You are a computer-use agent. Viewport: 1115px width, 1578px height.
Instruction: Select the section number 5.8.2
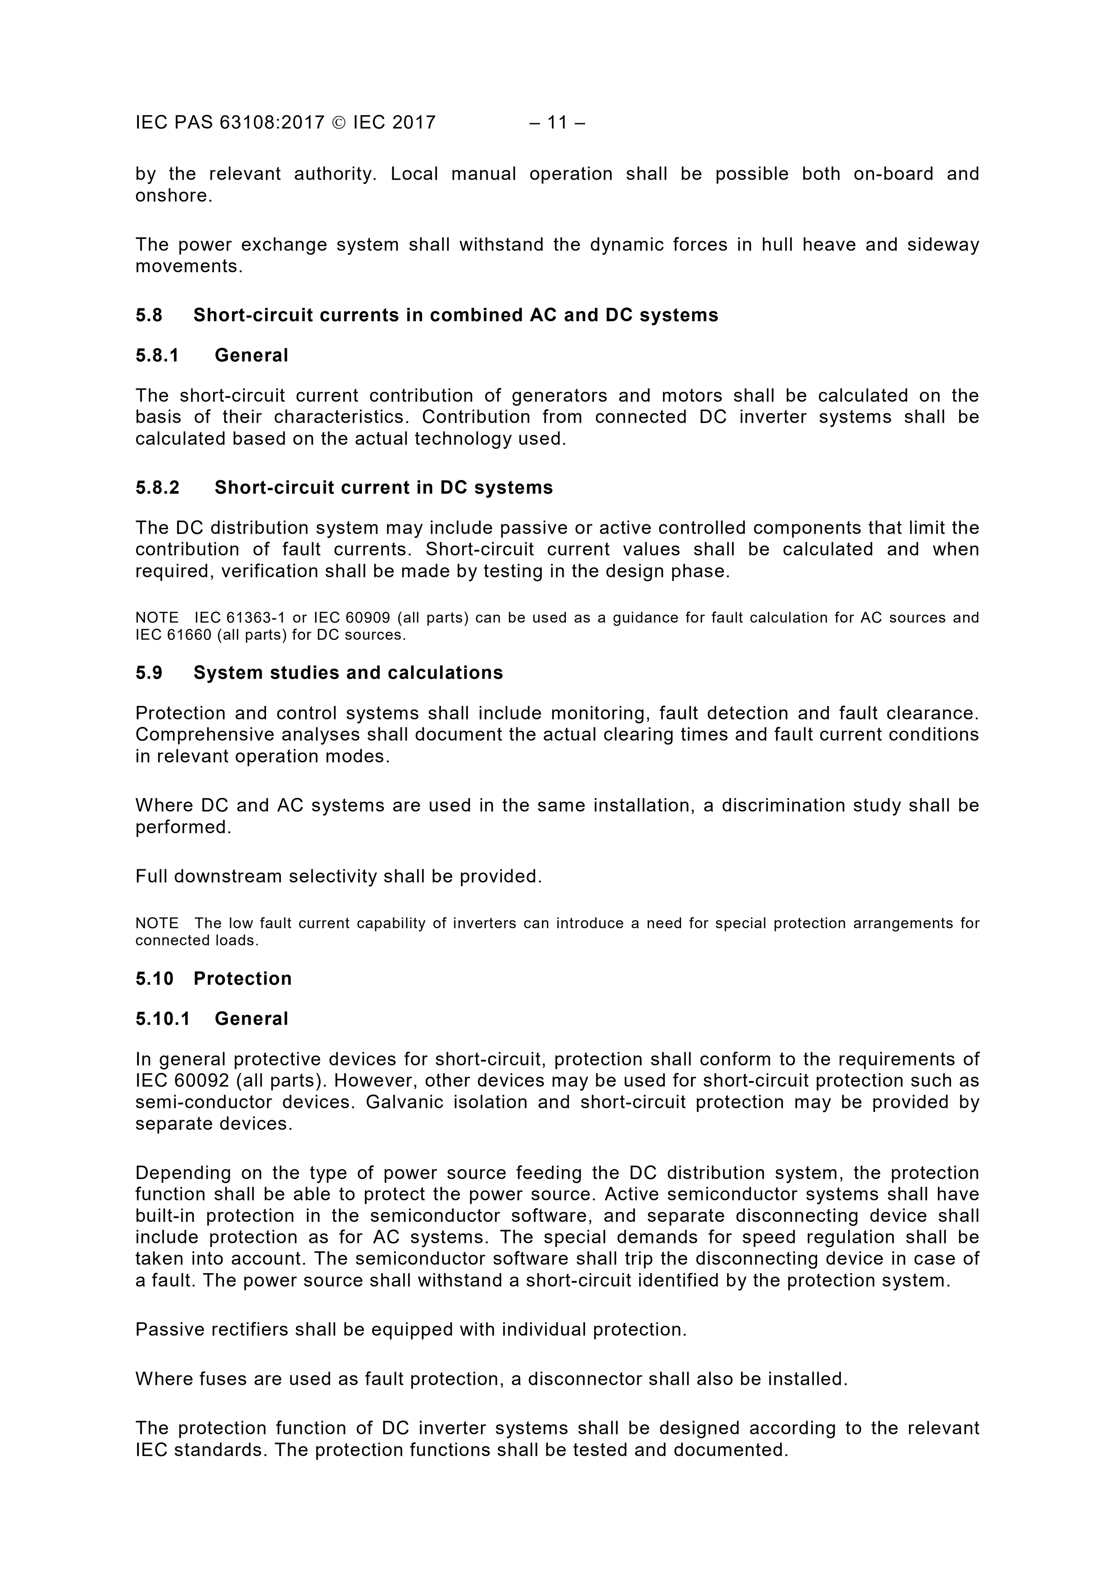coord(157,487)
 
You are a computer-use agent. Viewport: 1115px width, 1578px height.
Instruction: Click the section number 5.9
coord(149,672)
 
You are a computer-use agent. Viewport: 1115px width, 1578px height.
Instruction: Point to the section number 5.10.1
coord(163,1019)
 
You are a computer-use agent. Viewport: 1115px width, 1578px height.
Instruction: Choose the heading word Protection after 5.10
coord(243,978)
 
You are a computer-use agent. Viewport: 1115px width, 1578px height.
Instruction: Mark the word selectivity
coord(332,876)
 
